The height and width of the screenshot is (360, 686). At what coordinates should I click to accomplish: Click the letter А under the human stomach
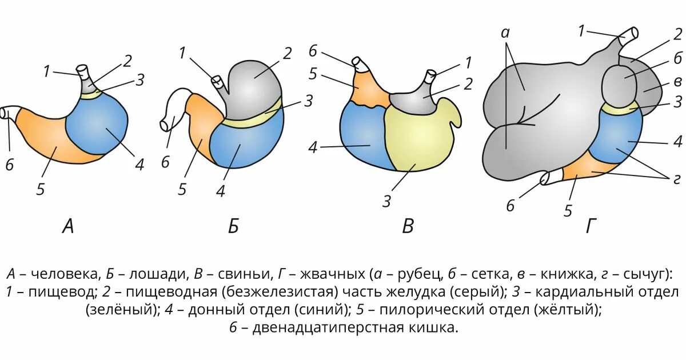[x=68, y=227]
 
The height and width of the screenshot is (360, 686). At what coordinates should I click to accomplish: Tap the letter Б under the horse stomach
[x=233, y=227]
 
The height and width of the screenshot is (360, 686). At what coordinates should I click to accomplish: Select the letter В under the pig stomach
[x=407, y=227]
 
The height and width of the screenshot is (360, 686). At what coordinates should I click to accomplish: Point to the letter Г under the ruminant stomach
[x=591, y=227]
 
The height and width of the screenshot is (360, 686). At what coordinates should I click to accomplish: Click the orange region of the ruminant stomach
[x=583, y=169]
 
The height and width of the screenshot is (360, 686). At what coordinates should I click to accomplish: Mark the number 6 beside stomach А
[x=10, y=166]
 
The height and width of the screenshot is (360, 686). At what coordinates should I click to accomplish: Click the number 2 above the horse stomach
[x=287, y=54]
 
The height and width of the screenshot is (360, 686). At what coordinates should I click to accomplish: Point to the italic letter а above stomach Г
[x=505, y=33]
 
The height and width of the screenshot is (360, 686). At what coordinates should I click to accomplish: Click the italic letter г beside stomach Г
[x=676, y=179]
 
